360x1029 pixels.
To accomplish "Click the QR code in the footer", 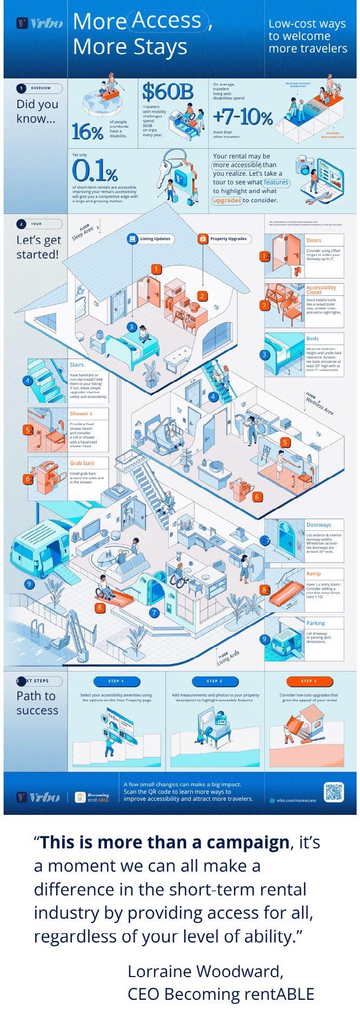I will click(334, 792).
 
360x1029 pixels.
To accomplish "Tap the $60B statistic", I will click(167, 92).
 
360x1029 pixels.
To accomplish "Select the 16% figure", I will click(87, 131).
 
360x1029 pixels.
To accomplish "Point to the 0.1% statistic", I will click(95, 172).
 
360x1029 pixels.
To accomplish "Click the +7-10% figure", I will click(242, 117).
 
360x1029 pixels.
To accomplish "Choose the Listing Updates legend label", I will click(149, 238).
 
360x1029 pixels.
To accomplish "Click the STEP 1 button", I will click(116, 681).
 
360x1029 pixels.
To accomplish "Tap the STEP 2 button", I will click(214, 681).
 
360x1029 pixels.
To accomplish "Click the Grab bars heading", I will click(82, 463).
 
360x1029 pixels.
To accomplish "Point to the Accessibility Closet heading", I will click(321, 290).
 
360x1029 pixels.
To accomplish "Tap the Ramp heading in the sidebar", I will click(314, 573).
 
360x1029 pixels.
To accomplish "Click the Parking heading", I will click(316, 623).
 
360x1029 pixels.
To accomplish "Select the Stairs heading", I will click(77, 365).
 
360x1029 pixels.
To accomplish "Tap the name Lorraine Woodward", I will click(205, 972).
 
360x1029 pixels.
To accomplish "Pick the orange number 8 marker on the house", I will click(99, 607).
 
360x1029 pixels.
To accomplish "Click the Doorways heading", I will click(318, 525).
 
